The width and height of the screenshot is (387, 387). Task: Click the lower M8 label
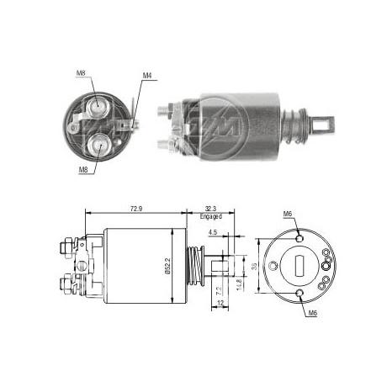[x=82, y=172]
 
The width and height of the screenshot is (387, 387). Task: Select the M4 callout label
[x=146, y=76]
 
